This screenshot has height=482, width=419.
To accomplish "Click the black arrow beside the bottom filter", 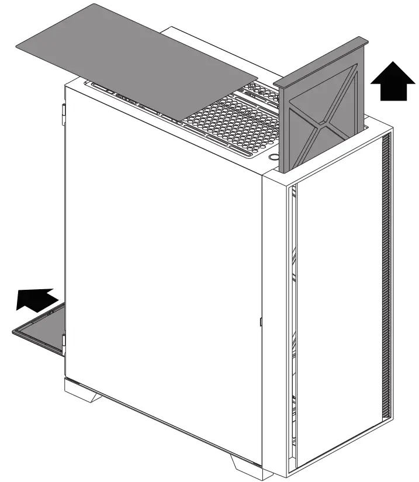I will click(x=37, y=299).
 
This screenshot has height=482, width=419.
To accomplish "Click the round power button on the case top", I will click(x=273, y=158).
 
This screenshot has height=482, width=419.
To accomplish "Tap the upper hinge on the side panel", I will click(x=63, y=113).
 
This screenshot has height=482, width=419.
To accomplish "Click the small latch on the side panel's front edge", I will click(x=259, y=321).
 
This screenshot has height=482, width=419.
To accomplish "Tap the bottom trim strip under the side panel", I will click(x=158, y=415).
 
